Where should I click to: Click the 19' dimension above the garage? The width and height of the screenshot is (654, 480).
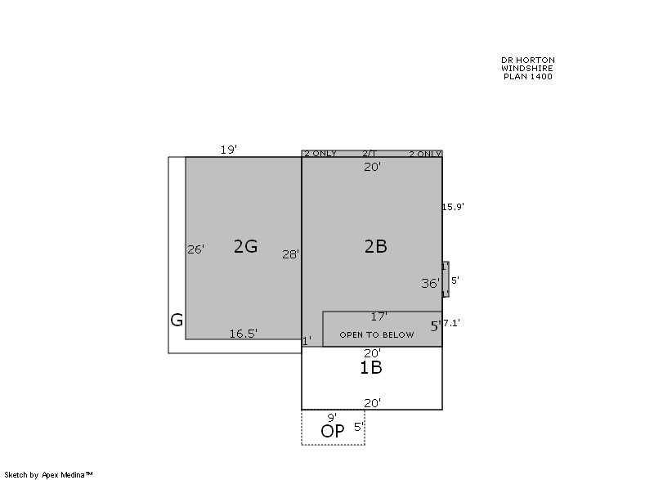click(x=229, y=150)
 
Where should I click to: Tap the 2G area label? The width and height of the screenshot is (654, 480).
click(x=245, y=246)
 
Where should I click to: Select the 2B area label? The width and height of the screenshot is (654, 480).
click(x=376, y=246)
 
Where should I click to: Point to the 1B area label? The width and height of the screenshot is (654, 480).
click(x=371, y=367)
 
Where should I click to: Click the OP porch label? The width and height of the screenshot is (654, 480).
click(x=333, y=431)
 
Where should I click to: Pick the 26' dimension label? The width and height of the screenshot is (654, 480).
click(x=195, y=249)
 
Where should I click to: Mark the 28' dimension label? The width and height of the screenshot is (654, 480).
click(x=290, y=254)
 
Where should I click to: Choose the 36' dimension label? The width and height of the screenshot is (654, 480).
click(x=431, y=284)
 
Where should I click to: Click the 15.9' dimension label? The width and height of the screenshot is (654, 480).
click(x=453, y=207)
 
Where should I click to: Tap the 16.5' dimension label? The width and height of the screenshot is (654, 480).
click(x=243, y=334)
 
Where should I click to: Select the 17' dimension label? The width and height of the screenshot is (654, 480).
click(x=379, y=316)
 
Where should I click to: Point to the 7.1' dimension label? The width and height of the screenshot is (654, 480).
click(x=452, y=323)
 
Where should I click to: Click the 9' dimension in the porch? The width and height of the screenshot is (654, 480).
click(x=332, y=417)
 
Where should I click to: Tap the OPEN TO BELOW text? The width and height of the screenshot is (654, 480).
click(x=377, y=335)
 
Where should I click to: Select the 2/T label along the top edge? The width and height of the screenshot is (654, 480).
click(x=370, y=154)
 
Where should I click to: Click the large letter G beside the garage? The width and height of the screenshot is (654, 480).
click(x=177, y=321)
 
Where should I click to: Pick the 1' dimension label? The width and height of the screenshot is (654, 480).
click(x=307, y=341)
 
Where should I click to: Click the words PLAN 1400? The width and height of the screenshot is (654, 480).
click(x=528, y=76)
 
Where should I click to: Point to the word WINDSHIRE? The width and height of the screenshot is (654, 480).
click(x=527, y=68)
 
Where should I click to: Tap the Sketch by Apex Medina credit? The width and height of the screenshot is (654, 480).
click(x=48, y=474)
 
